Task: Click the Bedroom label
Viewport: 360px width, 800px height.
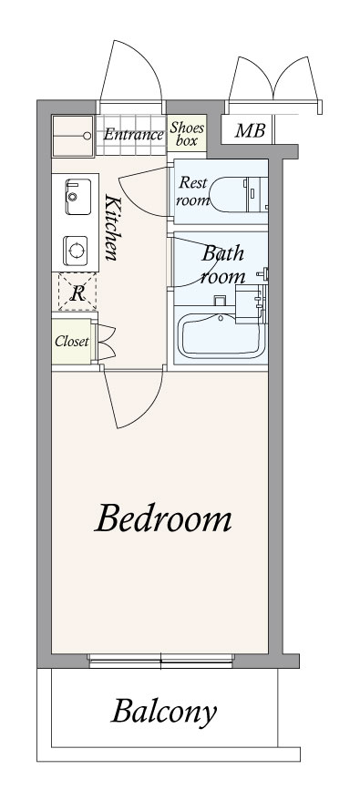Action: [x=163, y=518]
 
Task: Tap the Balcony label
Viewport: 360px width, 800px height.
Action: [x=164, y=713]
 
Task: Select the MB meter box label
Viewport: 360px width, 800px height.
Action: [x=250, y=130]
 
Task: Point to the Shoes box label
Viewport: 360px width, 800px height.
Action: [x=187, y=134]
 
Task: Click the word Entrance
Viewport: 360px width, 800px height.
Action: [x=133, y=135]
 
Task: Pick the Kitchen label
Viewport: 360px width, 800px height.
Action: [x=112, y=227]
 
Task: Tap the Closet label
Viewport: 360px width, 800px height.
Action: [x=72, y=342]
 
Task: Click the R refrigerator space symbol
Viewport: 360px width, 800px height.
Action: [x=77, y=292]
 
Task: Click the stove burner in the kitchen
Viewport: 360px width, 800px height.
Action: [x=77, y=251]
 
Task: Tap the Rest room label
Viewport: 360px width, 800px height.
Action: [x=192, y=191]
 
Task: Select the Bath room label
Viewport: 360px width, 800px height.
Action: [x=222, y=265]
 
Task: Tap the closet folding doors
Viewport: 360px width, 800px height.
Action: [x=107, y=342]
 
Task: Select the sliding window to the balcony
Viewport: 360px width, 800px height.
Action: [x=160, y=661]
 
